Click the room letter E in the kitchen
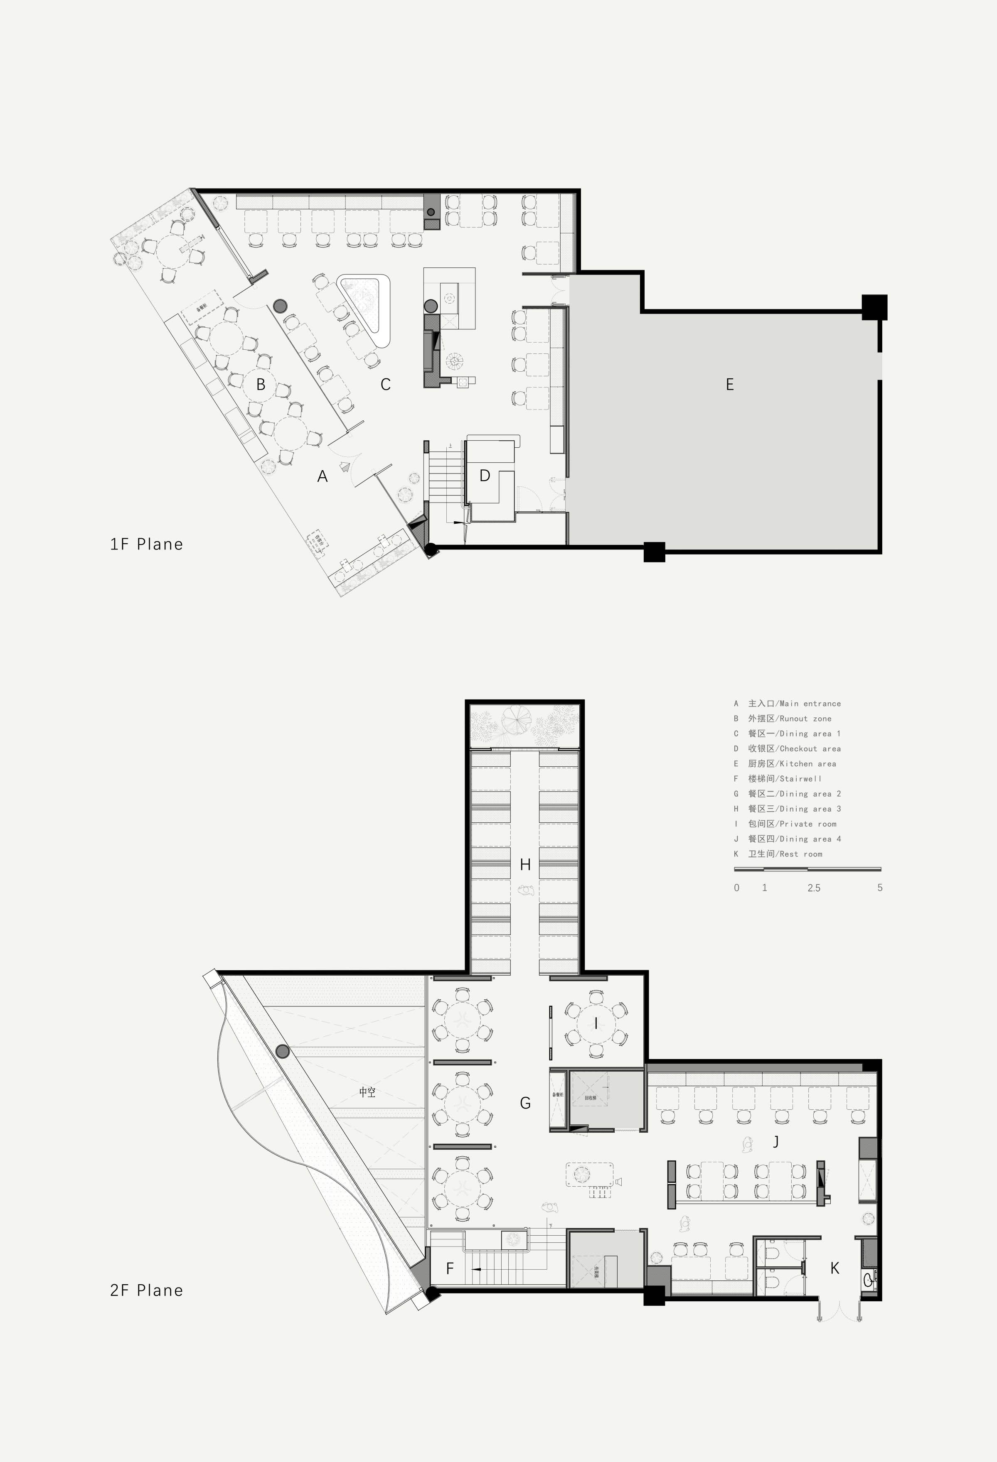click(729, 384)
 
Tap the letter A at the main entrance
click(322, 476)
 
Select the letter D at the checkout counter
click(485, 475)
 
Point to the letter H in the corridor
click(525, 865)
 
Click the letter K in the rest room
click(835, 1268)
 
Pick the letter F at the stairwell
click(449, 1268)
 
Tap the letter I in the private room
click(596, 1023)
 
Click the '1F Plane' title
click(147, 544)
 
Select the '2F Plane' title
click(147, 1290)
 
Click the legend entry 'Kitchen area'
click(792, 764)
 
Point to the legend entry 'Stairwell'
click(784, 779)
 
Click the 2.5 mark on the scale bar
click(814, 888)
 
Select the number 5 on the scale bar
click(880, 888)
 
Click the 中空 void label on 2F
click(367, 1093)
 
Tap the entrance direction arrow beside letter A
click(344, 467)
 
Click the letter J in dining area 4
click(776, 1141)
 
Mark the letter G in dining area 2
click(525, 1103)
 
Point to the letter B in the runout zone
click(261, 384)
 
